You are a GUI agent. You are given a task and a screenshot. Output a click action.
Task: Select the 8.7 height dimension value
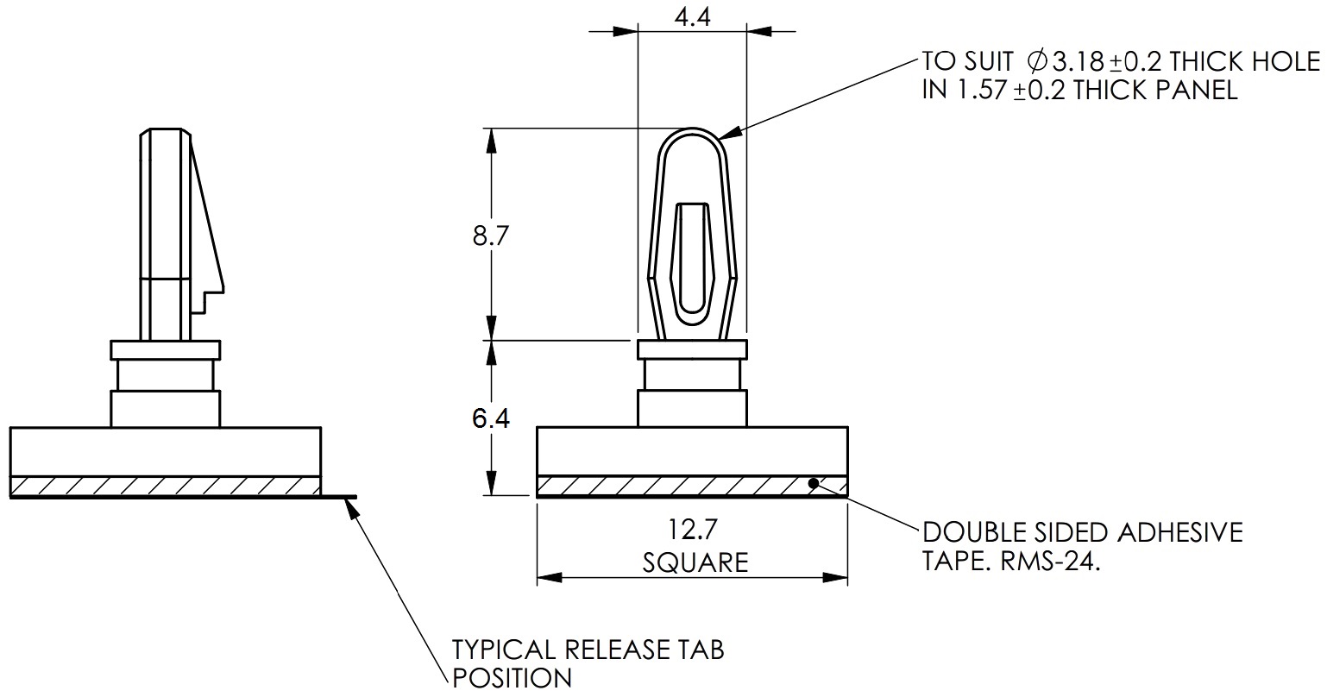[x=490, y=235]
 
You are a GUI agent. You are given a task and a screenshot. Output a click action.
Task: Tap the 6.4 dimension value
[x=491, y=418]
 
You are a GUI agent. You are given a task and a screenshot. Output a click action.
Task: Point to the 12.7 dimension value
[x=694, y=527]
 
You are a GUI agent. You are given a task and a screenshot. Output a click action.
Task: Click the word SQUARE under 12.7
[x=695, y=562]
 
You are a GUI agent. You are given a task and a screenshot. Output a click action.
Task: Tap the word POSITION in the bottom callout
[x=513, y=678]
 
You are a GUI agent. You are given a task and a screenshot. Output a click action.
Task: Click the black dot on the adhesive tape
[x=814, y=483]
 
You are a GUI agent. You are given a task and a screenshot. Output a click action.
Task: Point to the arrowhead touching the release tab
[x=350, y=508]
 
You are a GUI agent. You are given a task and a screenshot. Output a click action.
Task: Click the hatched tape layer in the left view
[x=164, y=486]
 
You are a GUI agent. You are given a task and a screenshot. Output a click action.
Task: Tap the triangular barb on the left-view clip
[x=206, y=224]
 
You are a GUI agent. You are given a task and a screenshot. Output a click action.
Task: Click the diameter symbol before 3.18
[x=1036, y=61]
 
